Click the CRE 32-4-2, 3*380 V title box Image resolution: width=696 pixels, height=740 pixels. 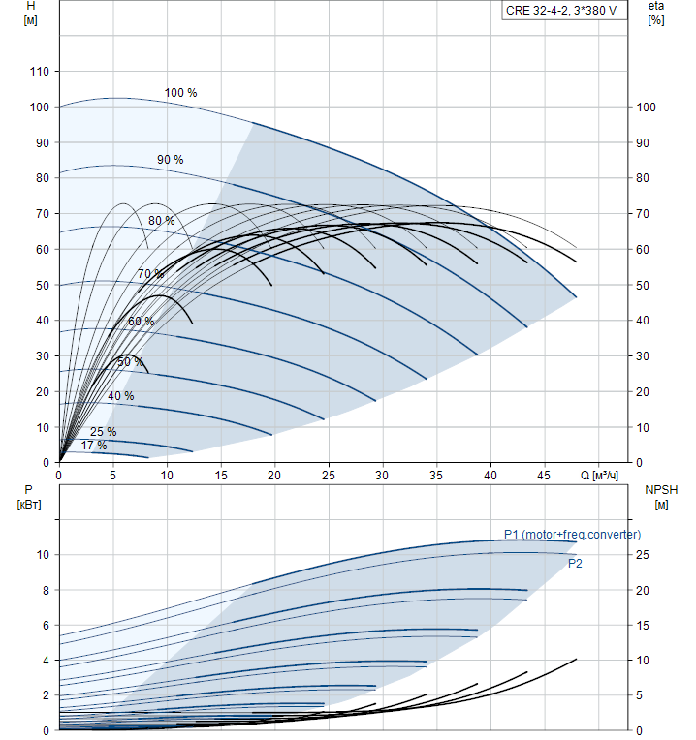tap(560, 12)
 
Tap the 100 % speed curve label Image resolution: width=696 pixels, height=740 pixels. tap(180, 93)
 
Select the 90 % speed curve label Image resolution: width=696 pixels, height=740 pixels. tap(170, 159)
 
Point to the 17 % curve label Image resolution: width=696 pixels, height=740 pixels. tap(94, 446)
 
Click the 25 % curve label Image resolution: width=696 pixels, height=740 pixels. tap(103, 432)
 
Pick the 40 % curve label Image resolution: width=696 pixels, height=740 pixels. tap(121, 396)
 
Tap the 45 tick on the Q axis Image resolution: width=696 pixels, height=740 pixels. tap(545, 476)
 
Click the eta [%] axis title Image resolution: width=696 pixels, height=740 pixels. tap(656, 13)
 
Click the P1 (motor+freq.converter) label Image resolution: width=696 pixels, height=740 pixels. tap(572, 535)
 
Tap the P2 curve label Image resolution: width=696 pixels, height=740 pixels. tap(575, 563)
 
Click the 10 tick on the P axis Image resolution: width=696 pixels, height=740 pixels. tap(42, 555)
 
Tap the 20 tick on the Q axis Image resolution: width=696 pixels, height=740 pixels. tap(275, 476)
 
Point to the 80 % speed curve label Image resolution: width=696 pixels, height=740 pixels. tap(161, 221)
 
